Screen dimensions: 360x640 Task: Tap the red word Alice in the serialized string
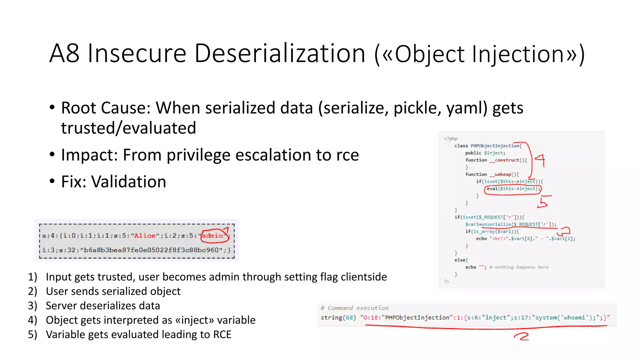(x=145, y=236)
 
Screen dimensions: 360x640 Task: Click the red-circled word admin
(x=212, y=236)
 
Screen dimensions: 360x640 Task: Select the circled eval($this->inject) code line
(x=512, y=189)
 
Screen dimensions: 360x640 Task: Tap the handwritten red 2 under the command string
(x=521, y=336)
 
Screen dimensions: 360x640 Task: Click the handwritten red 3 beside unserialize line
(x=564, y=232)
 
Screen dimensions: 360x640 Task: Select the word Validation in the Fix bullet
(x=128, y=182)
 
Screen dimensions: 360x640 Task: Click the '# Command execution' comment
(x=354, y=308)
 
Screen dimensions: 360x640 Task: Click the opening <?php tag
(x=450, y=138)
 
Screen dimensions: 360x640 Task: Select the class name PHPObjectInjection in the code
(x=495, y=146)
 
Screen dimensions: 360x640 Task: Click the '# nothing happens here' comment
(x=519, y=267)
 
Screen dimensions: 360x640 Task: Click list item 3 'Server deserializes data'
(x=102, y=306)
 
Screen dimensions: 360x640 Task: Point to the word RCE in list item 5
(x=222, y=335)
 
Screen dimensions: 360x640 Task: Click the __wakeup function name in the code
(x=502, y=174)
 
